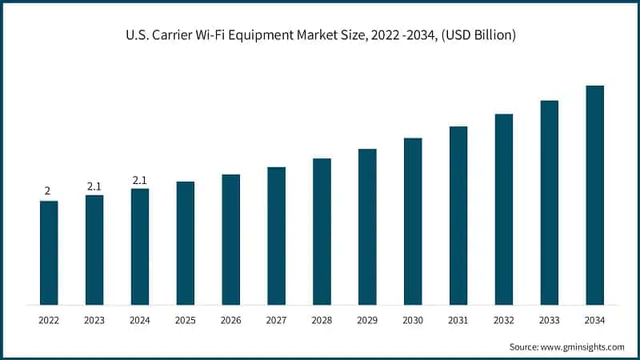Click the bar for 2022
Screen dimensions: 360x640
pos(49,252)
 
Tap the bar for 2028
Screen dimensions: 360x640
pos(322,231)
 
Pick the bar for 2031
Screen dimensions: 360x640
pos(458,215)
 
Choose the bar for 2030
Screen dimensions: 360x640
pos(413,221)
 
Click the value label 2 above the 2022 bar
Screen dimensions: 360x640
pos(48,191)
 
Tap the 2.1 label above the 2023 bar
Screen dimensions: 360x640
pos(94,186)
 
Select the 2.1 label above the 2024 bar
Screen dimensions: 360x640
pos(140,180)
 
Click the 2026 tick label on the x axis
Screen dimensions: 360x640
pos(230,320)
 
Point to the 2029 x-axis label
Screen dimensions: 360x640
pos(367,320)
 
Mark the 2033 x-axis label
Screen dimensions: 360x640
pos(549,320)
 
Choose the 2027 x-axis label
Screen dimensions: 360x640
pos(276,320)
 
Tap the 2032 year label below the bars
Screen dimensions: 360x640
pos(503,320)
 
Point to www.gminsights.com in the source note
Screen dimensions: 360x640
pos(583,346)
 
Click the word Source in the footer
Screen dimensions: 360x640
pos(525,346)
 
